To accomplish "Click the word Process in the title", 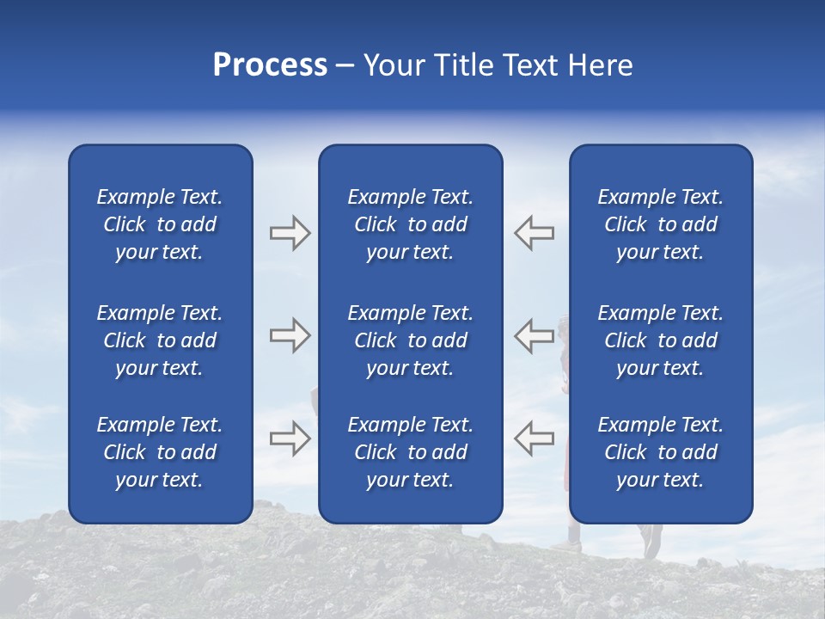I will [x=270, y=65].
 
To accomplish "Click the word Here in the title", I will [x=601, y=65].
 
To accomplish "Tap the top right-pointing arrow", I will [x=290, y=233].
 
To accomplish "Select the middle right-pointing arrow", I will [x=290, y=335].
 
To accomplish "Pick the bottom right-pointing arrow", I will [x=290, y=438].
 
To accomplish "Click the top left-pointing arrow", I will [x=534, y=233].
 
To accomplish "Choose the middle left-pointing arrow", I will [x=534, y=335].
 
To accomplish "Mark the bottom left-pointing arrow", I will [x=534, y=438].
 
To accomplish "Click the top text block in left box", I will [x=160, y=224].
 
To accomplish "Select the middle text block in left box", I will [x=160, y=340].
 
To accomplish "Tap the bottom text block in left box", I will [x=160, y=452].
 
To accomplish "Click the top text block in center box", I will [x=410, y=224].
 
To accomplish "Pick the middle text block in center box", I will [x=410, y=340].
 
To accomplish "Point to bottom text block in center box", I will [x=410, y=452].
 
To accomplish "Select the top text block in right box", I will [x=660, y=224].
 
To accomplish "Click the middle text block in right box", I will [x=660, y=340].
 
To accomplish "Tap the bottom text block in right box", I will [x=660, y=452].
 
